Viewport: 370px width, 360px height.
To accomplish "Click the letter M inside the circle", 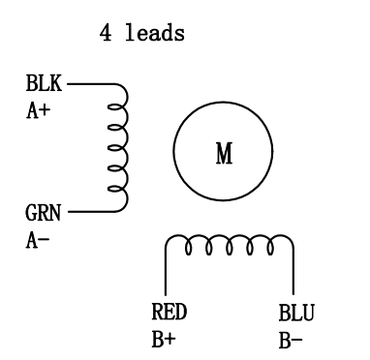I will coord(223,155).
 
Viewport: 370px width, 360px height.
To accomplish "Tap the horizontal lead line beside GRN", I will coord(91,210).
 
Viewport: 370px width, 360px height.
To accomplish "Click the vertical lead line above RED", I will coord(166,276).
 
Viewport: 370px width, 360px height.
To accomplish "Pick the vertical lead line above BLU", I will coord(293,276).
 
